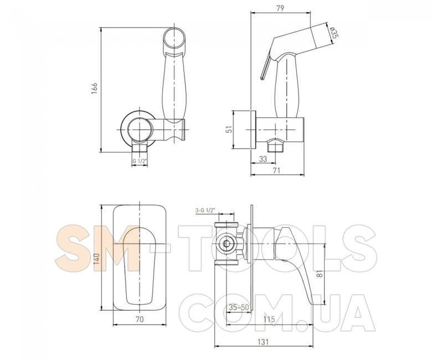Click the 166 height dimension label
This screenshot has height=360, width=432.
[x=95, y=88]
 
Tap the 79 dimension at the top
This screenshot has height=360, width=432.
[x=280, y=8]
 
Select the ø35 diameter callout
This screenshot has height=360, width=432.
[x=333, y=33]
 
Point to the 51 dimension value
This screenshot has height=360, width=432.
[x=229, y=129]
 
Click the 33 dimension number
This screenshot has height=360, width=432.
[x=263, y=158]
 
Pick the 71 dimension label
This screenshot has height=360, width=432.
[x=276, y=171]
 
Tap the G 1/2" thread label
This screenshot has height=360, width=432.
[x=140, y=161]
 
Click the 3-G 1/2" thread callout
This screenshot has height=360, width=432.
[x=205, y=210]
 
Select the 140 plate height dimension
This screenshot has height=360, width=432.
[x=97, y=259]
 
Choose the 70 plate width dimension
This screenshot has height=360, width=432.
[x=140, y=319]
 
